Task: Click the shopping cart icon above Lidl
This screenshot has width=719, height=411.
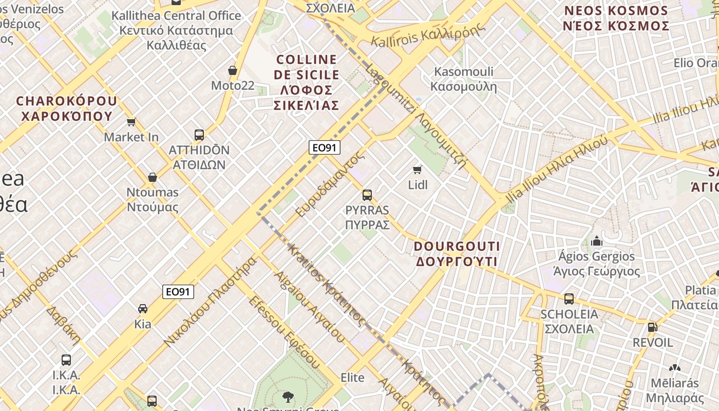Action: pyautogui.click(x=417, y=170)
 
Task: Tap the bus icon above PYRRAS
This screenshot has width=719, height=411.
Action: pyautogui.click(x=367, y=195)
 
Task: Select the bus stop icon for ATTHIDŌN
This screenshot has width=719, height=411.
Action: pyautogui.click(x=199, y=135)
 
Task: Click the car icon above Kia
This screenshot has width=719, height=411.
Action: pyautogui.click(x=143, y=309)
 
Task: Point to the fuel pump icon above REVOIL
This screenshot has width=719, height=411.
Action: pyautogui.click(x=652, y=327)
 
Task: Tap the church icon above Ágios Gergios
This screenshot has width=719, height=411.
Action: pyautogui.click(x=596, y=241)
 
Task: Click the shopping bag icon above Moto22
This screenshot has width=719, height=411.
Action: pyautogui.click(x=233, y=70)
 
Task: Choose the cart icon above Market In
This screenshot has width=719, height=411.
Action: pyautogui.click(x=131, y=122)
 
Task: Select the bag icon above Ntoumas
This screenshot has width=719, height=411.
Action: pyautogui.click(x=153, y=178)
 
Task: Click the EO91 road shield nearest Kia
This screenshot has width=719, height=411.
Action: pyautogui.click(x=179, y=292)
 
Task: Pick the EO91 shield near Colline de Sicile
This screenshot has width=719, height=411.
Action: pyautogui.click(x=325, y=148)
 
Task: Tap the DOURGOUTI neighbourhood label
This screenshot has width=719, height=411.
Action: pyautogui.click(x=457, y=254)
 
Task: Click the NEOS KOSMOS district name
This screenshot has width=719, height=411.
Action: pyautogui.click(x=616, y=18)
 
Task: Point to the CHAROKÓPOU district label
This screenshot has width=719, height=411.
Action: pyautogui.click(x=66, y=108)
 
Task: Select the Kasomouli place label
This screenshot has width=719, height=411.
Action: pyautogui.click(x=463, y=79)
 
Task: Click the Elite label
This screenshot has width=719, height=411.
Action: pyautogui.click(x=352, y=378)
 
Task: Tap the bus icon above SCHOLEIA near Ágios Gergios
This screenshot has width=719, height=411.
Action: pyautogui.click(x=569, y=299)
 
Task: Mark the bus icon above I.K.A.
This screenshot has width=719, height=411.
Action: pyautogui.click(x=66, y=360)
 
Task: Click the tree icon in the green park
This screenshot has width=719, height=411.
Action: pyautogui.click(x=288, y=397)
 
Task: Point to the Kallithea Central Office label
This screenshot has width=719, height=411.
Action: pyautogui.click(x=176, y=30)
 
